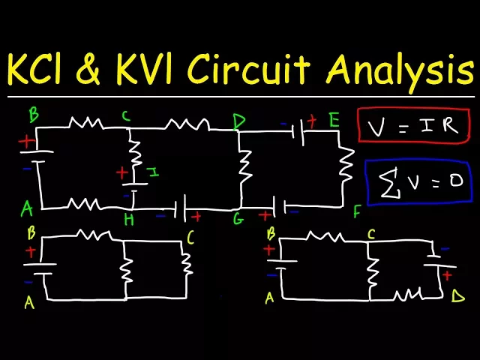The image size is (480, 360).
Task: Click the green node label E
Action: [334, 119]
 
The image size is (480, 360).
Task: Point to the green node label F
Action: [357, 212]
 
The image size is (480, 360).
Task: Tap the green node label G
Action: [239, 219]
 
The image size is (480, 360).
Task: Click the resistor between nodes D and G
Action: [244, 169]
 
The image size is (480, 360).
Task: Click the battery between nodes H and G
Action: [180, 209]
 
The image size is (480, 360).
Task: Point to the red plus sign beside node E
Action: [311, 118]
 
